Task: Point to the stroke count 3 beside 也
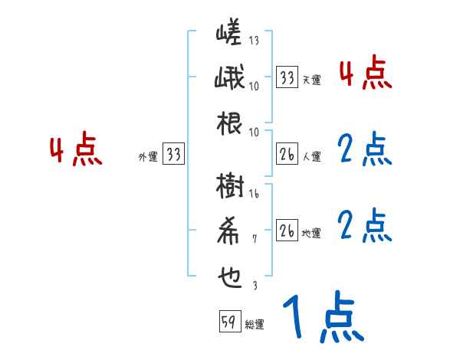pyautogui.click(x=255, y=285)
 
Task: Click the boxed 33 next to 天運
pyautogui.click(x=287, y=77)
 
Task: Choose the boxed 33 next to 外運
pyautogui.click(x=174, y=155)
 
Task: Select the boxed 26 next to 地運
pyautogui.click(x=287, y=231)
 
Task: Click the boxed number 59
pyautogui.click(x=228, y=322)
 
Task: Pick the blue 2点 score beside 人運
pyautogui.click(x=365, y=150)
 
